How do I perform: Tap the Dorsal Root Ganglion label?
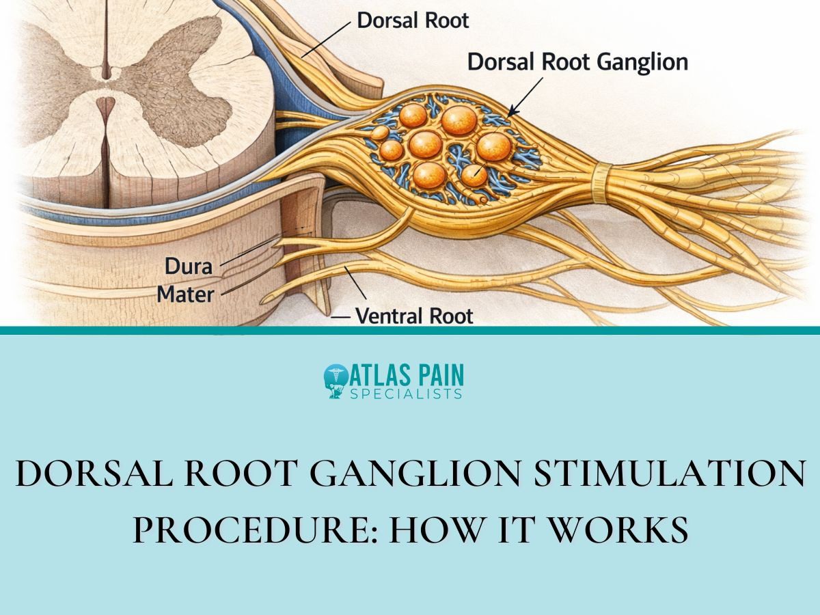click(577, 62)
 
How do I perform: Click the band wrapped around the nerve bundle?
click(601, 182)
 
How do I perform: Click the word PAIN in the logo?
click(437, 374)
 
